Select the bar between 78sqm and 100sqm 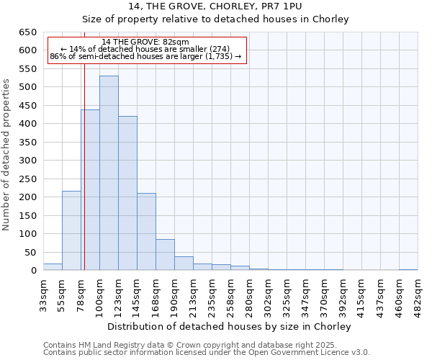90,190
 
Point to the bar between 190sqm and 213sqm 184,264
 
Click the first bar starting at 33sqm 53,267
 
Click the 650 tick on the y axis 27,32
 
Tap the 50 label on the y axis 30,253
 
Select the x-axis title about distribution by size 230,326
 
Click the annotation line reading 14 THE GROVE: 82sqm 146,42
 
